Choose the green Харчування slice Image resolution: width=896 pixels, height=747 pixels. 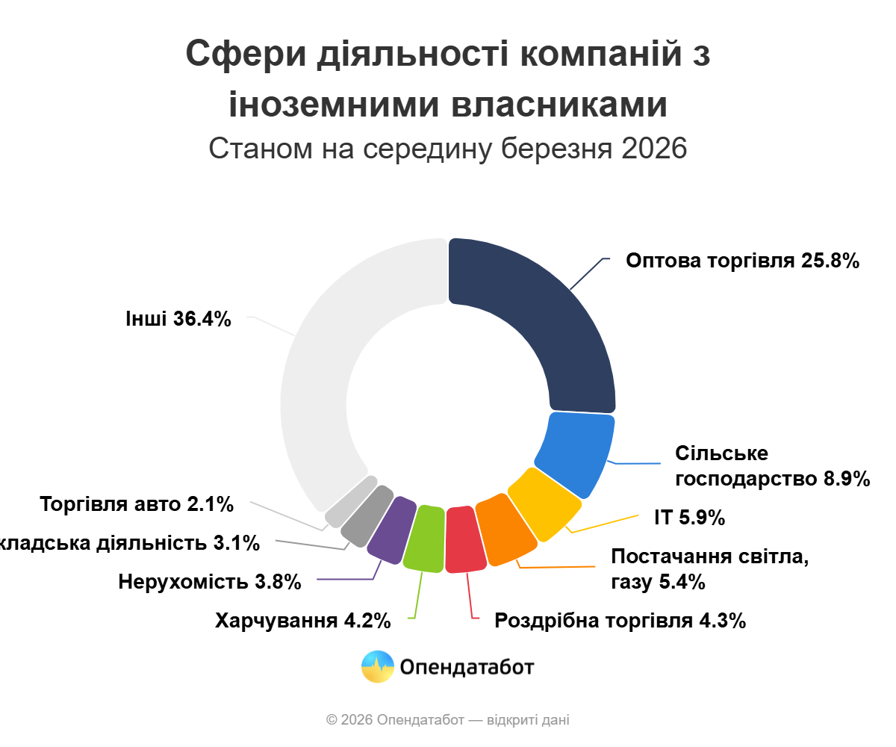coord(424,539)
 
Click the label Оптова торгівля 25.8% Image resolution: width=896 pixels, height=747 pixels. coord(743,261)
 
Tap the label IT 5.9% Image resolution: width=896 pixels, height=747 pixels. coord(689,518)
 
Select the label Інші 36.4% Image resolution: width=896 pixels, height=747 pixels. coord(178,319)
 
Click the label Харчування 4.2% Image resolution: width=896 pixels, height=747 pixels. coord(302,621)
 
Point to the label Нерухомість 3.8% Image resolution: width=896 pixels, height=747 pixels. coord(210,581)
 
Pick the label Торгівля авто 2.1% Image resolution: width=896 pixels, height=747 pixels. coord(137,504)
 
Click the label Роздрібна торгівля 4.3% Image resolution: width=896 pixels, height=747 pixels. coord(620,621)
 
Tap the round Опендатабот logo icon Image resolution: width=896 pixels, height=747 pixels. coord(377,666)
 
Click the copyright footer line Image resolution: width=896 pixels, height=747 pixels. coord(448,720)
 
